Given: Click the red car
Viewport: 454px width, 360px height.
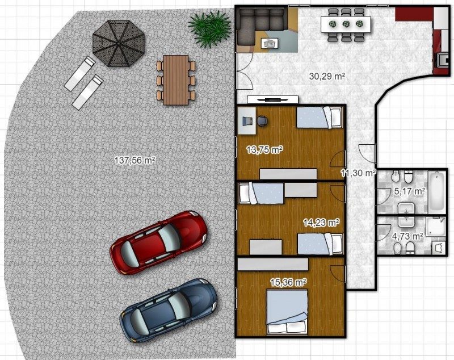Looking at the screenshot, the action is [159, 242].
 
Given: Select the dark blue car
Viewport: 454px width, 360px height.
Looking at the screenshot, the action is [168, 311].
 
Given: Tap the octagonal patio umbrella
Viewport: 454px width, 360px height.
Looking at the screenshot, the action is [119, 44].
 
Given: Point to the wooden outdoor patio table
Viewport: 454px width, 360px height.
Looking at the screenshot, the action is [176, 80].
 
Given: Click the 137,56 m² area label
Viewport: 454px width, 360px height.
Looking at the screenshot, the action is [133, 160].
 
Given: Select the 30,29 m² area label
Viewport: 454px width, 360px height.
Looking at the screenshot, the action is [327, 77].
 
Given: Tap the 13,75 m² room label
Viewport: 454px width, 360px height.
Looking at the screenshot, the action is [264, 150].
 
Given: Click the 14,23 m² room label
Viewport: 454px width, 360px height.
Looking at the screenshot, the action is [321, 223].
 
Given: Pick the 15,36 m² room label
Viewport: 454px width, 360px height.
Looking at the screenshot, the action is [288, 282].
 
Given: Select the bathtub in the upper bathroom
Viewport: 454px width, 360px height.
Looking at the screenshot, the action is [436, 191].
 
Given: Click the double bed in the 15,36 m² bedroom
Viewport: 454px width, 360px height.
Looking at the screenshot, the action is [287, 312].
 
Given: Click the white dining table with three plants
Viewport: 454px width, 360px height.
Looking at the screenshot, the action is [346, 24].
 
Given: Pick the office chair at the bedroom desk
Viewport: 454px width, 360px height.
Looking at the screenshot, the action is [262, 121].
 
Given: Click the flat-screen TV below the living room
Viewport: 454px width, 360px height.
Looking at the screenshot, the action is [273, 99].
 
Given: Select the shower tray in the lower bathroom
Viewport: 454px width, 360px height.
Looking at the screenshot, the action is [435, 227].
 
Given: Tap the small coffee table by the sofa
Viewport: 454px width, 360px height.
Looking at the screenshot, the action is [270, 44].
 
